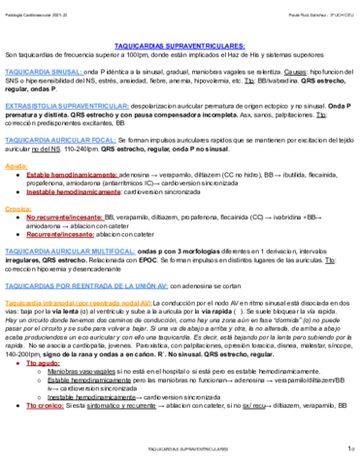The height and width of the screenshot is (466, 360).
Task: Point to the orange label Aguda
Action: click(x=16, y=167)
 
